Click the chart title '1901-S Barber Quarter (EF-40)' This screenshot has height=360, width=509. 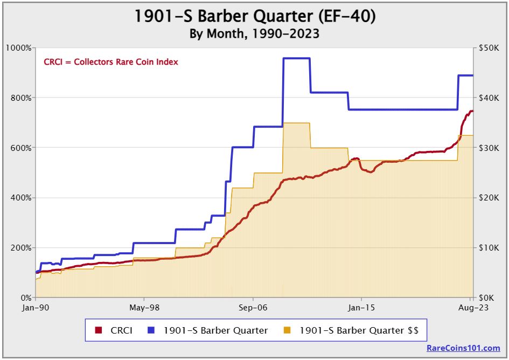tap(254, 16)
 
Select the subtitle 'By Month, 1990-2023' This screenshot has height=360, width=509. tap(254, 33)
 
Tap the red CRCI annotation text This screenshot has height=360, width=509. tap(111, 62)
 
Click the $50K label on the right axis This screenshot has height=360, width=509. tap(489, 48)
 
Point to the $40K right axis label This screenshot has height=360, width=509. tap(489, 98)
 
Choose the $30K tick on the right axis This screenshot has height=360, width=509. tap(489, 148)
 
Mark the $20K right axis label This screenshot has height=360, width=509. tap(489, 198)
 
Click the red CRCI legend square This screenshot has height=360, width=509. tap(99, 330)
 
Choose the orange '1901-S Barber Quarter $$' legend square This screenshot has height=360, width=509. tap(288, 330)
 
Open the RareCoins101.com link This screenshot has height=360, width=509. tap(463, 348)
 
